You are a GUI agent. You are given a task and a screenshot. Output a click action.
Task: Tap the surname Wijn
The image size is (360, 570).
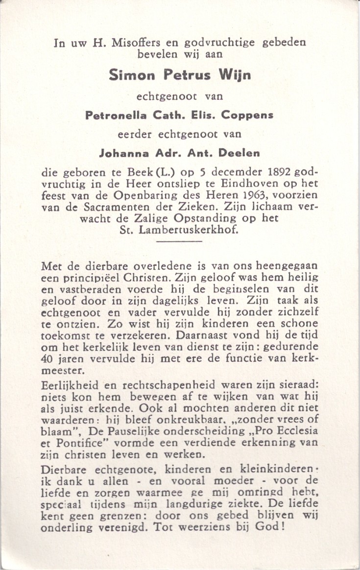[x=235, y=75]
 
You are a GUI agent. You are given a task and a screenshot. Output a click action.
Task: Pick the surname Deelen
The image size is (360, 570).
[x=239, y=153]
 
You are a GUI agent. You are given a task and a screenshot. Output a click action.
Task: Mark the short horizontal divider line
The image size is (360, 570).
[x=179, y=241]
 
